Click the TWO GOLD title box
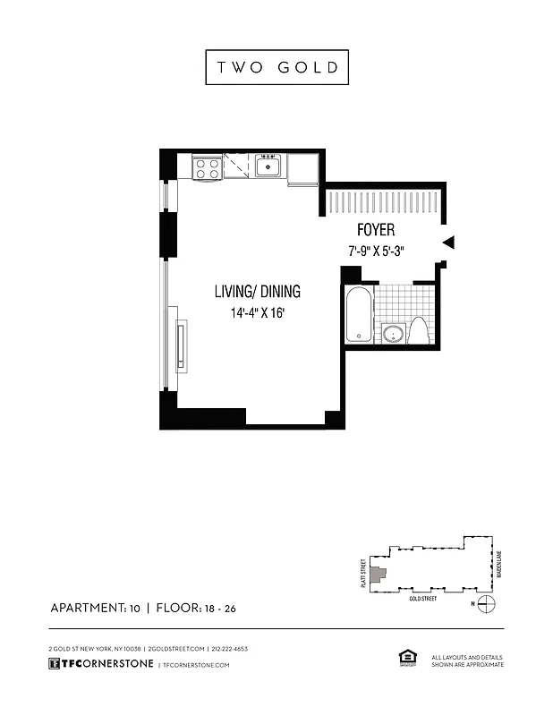(276, 68)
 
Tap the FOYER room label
(376, 231)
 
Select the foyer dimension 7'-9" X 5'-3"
(377, 251)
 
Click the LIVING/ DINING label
(257, 291)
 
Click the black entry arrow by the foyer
(449, 242)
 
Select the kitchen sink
(268, 166)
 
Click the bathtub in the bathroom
(358, 314)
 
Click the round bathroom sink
(392, 334)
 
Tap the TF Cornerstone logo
(100, 665)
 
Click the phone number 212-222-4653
(230, 648)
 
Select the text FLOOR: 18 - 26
(196, 609)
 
